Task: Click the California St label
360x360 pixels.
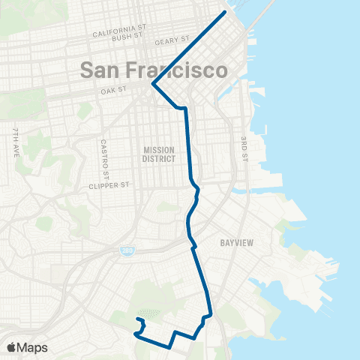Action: click(117, 34)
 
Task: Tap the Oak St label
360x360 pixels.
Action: click(114, 91)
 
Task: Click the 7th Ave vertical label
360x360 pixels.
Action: click(15, 141)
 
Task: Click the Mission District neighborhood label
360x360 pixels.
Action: click(159, 154)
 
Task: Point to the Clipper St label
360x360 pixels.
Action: click(109, 184)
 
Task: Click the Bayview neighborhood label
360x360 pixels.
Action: click(239, 243)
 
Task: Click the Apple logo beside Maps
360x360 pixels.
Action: click(11, 347)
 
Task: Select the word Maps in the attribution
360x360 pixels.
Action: click(33, 347)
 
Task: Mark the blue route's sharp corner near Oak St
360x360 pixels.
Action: click(153, 84)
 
